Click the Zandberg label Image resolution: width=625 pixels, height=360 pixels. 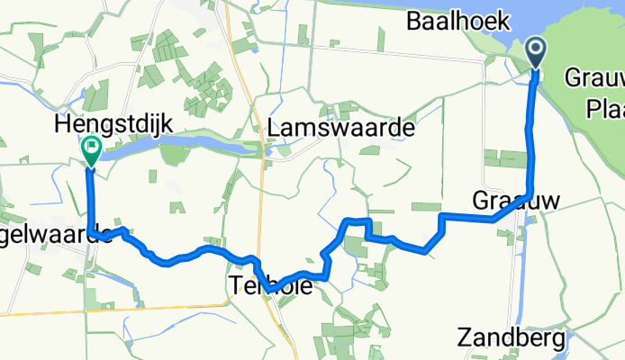pos(512,338)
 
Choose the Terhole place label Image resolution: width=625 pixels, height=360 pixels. pos(271,286)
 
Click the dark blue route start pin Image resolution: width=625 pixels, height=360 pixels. pos(535,52)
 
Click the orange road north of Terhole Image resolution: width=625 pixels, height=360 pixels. pos(253,180)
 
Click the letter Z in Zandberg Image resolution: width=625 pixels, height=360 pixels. pos(464,338)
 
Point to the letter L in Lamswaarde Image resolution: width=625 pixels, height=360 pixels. pos(275,129)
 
